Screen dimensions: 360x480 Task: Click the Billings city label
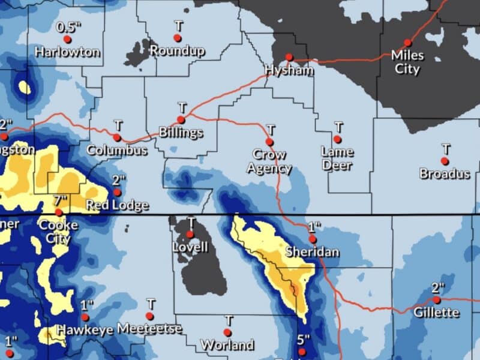click(181, 133)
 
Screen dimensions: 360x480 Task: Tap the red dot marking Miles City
click(407, 43)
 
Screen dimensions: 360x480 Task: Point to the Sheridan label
click(312, 251)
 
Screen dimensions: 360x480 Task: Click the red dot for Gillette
click(437, 299)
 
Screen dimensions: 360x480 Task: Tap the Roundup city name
click(178, 51)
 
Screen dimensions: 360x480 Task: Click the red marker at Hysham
click(289, 57)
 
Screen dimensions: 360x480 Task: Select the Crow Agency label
click(269, 161)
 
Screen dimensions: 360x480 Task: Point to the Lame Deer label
click(337, 158)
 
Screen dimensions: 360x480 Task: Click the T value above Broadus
click(446, 148)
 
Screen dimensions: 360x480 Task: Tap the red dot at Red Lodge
click(117, 193)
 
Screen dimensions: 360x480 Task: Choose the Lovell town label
click(190, 247)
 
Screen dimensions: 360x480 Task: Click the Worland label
click(227, 345)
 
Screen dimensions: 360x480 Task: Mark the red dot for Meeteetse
click(149, 316)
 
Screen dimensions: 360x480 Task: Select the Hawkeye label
click(85, 329)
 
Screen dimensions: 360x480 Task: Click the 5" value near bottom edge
click(303, 340)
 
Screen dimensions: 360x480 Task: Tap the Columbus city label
click(117, 150)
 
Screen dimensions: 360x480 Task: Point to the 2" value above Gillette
click(437, 287)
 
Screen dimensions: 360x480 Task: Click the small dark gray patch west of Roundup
click(139, 53)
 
